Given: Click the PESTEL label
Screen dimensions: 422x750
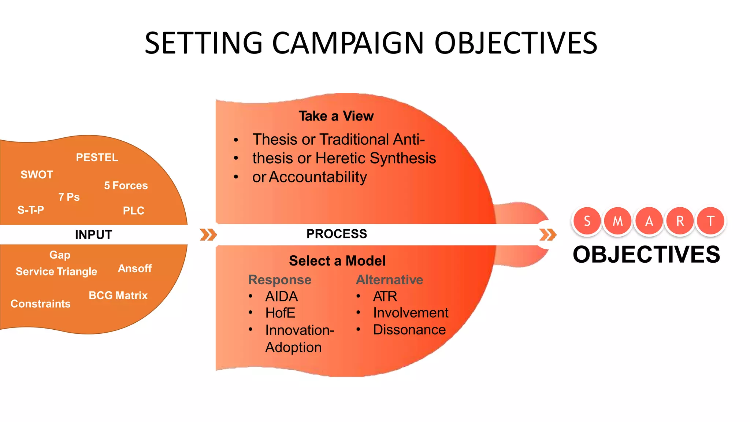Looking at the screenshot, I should [x=97, y=158].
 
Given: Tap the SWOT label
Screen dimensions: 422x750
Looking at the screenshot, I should [x=37, y=175].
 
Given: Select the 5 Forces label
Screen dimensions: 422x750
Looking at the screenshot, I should [x=126, y=186].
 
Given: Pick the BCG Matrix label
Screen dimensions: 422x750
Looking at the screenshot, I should [x=118, y=296].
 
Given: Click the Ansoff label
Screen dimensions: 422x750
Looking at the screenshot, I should [x=135, y=269].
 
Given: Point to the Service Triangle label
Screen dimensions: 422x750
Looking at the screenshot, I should [x=56, y=271].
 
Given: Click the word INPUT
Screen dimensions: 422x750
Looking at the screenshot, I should [x=93, y=235].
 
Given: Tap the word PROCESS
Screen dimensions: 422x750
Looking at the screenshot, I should [x=337, y=234].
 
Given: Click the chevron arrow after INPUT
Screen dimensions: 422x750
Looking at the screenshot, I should [x=208, y=235].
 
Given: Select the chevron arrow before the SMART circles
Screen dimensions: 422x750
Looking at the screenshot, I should [x=547, y=235].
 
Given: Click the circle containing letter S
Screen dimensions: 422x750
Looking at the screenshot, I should [x=587, y=221].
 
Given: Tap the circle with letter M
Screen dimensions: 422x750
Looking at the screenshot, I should [x=618, y=221].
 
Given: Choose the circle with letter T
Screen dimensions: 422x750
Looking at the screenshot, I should [x=710, y=221].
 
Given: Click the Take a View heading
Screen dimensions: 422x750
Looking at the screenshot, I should [x=336, y=116].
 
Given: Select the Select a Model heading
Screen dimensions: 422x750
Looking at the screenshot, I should [x=337, y=261].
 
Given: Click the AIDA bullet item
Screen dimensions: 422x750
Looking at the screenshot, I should [x=281, y=296].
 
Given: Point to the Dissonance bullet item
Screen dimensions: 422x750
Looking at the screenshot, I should [x=409, y=330].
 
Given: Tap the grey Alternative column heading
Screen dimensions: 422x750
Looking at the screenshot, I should [x=389, y=280].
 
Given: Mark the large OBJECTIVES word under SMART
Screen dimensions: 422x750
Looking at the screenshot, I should [x=646, y=255].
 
